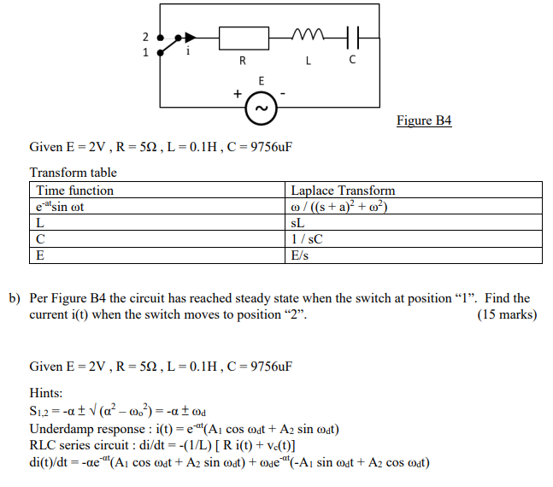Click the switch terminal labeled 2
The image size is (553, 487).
coord(159,37)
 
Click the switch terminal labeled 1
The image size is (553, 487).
coord(159,52)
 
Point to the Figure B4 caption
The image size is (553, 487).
coord(424,120)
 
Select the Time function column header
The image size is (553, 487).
coord(74,190)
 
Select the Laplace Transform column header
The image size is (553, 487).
coord(343,190)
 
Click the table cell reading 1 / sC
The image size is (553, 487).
coord(307,238)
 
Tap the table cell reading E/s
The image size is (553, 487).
coord(301,255)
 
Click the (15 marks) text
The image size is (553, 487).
coord(508,314)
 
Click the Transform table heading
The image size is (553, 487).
coord(73,173)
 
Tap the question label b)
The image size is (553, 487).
coord(15,298)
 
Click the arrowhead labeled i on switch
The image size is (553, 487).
coord(191,37)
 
